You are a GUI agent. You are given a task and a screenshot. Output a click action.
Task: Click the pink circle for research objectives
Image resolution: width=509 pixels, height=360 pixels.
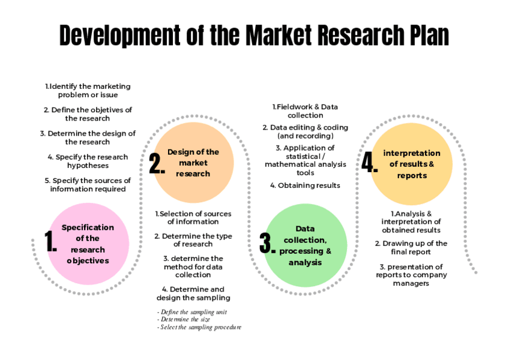(x=88, y=244)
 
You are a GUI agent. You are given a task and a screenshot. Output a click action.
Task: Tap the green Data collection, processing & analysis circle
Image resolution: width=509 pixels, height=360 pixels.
(x=306, y=245)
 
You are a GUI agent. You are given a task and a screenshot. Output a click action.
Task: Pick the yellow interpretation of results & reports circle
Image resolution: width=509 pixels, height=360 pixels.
(x=411, y=163)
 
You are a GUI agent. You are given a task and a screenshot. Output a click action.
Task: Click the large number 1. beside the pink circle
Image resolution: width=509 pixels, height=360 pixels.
(x=50, y=241)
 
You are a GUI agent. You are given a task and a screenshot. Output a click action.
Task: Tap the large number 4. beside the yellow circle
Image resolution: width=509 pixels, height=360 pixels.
(x=369, y=163)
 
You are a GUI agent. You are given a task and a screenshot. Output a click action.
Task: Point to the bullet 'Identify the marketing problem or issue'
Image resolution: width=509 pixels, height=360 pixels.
(x=88, y=91)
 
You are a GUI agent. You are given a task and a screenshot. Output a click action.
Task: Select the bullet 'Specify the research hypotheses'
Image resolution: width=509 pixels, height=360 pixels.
(x=88, y=161)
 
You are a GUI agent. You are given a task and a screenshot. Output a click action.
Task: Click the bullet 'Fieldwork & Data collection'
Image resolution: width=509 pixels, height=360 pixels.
(x=305, y=111)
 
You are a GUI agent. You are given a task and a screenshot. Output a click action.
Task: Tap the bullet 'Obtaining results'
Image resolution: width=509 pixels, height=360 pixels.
(x=305, y=185)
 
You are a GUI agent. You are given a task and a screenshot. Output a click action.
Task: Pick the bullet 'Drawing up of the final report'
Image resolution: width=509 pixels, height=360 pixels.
(x=411, y=248)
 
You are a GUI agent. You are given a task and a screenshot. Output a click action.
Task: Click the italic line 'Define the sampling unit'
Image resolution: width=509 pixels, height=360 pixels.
(x=192, y=312)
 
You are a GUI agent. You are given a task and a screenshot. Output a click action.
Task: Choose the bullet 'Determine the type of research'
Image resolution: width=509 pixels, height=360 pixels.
(x=193, y=240)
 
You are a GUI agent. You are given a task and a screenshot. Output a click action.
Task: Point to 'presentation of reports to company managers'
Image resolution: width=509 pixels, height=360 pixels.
(x=411, y=275)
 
